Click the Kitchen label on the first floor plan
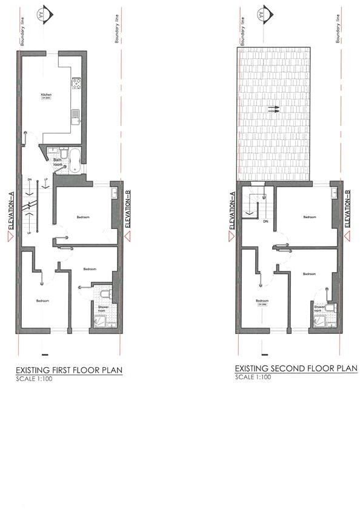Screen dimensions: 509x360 [46, 95]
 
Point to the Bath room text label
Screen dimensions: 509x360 [58, 162]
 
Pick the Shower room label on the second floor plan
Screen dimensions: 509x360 [320, 308]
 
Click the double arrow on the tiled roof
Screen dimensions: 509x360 [273, 110]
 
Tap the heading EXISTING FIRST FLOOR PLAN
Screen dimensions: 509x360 [68, 370]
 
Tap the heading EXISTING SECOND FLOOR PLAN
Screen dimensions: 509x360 [295, 368]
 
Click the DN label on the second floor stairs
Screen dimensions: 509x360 [265, 221]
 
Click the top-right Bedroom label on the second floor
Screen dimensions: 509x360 [309, 216]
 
